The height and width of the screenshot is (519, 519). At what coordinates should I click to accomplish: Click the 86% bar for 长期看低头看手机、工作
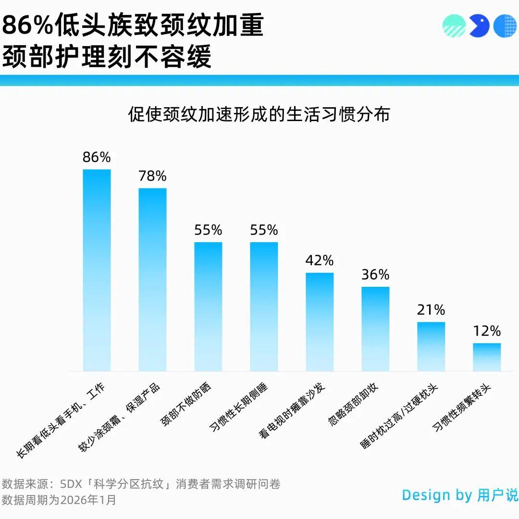97,270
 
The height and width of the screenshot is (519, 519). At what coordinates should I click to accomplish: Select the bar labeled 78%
152,280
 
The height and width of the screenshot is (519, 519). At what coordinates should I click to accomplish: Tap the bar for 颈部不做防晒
208,307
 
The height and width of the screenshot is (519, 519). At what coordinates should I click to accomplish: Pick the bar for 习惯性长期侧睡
264,307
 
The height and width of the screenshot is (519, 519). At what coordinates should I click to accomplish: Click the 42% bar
320,322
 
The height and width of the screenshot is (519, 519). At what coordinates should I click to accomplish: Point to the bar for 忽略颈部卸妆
375,329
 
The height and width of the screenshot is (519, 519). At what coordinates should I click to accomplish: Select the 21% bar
431,346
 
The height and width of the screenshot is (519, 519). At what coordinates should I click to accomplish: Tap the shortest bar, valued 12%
486,357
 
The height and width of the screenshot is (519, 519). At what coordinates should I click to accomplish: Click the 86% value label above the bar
97,157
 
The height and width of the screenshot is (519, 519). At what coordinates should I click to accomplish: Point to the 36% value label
375,274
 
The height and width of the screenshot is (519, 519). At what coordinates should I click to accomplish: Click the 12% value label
487,331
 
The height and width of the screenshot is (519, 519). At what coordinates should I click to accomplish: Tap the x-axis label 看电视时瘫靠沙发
292,411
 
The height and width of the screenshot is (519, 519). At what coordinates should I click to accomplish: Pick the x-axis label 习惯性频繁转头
461,408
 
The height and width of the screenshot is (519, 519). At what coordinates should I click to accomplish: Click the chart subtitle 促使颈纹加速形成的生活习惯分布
259,114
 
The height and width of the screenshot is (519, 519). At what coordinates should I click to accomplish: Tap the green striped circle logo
454,26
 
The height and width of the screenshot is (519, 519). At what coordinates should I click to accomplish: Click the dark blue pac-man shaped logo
479,26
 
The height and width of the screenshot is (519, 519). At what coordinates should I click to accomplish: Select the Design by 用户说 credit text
460,495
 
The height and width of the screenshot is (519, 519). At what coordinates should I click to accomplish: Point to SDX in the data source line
71,484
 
